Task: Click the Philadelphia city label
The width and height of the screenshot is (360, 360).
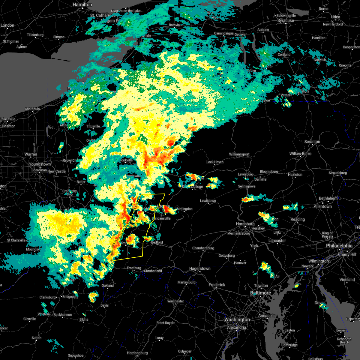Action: (339, 246)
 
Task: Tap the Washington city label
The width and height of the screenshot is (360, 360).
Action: (237, 320)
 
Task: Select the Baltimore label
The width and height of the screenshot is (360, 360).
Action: (260, 293)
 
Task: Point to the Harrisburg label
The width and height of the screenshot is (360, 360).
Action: (245, 224)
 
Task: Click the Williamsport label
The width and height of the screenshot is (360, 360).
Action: (239, 154)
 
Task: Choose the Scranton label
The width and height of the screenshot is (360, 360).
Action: (312, 142)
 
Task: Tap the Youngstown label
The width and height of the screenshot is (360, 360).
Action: (40, 164)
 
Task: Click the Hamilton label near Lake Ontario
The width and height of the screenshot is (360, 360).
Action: (82, 5)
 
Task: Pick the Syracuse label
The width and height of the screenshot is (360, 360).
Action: (285, 21)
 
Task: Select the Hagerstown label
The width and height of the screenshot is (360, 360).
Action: (199, 269)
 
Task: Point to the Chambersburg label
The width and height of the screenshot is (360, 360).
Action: (203, 248)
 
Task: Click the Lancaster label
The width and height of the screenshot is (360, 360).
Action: (277, 241)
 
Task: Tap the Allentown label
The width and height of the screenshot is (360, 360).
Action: (322, 206)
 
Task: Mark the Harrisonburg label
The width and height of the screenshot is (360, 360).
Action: (137, 353)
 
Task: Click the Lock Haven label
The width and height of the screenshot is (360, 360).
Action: (215, 162)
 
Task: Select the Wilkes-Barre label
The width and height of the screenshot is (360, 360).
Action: (300, 154)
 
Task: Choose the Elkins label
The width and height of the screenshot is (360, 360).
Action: (84, 319)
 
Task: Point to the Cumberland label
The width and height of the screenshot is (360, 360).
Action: (153, 271)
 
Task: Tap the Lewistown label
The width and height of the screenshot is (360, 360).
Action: (208, 201)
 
